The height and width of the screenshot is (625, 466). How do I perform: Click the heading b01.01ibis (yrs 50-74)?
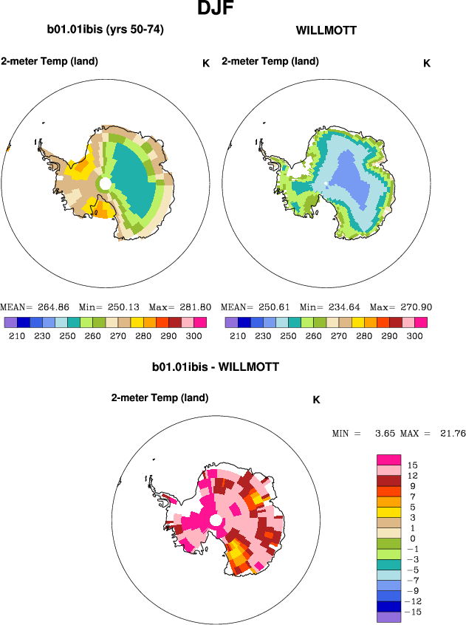105,30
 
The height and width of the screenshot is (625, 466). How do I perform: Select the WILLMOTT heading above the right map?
326,31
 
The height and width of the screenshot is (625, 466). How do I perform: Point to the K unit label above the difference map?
316,400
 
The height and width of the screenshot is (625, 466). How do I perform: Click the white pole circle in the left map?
106,182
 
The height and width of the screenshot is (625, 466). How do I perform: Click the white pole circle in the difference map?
216,522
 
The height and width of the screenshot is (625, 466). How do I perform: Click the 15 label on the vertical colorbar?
413,465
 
